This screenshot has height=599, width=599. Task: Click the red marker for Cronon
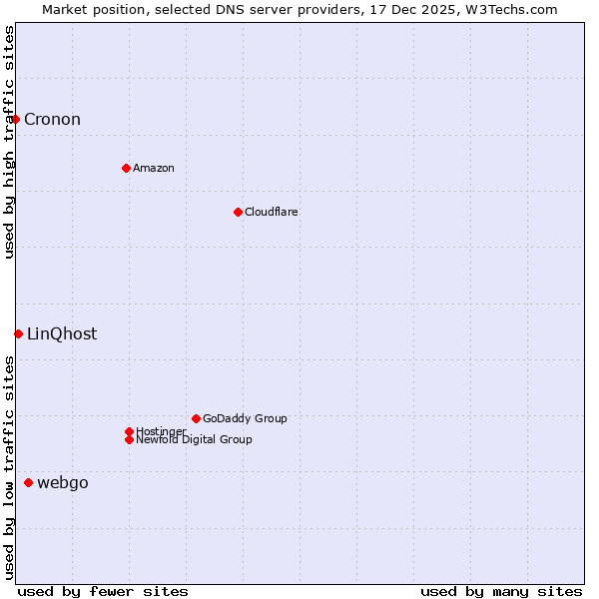click(x=15, y=120)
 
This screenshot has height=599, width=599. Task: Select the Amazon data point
click(x=126, y=168)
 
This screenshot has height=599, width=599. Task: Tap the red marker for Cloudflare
click(x=238, y=212)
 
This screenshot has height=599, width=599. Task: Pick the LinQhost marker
click(x=18, y=333)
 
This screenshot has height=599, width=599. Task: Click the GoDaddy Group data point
click(x=196, y=418)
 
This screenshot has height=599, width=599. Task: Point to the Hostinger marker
click(x=129, y=431)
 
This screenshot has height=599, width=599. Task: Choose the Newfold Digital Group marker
click(x=129, y=439)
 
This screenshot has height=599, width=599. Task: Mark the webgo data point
click(x=28, y=483)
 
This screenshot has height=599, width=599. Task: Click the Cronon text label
click(x=52, y=120)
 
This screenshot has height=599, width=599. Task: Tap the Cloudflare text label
click(x=271, y=212)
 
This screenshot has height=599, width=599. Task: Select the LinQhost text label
click(x=62, y=334)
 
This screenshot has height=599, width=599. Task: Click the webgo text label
click(x=62, y=483)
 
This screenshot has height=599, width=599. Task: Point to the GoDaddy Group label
click(x=245, y=418)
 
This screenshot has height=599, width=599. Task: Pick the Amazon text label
click(x=153, y=168)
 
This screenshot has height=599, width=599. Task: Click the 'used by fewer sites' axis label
click(x=103, y=591)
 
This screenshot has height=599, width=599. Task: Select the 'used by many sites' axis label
click(x=501, y=591)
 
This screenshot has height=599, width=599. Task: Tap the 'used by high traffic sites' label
click(x=9, y=142)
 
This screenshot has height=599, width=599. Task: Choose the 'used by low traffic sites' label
click(x=9, y=467)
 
